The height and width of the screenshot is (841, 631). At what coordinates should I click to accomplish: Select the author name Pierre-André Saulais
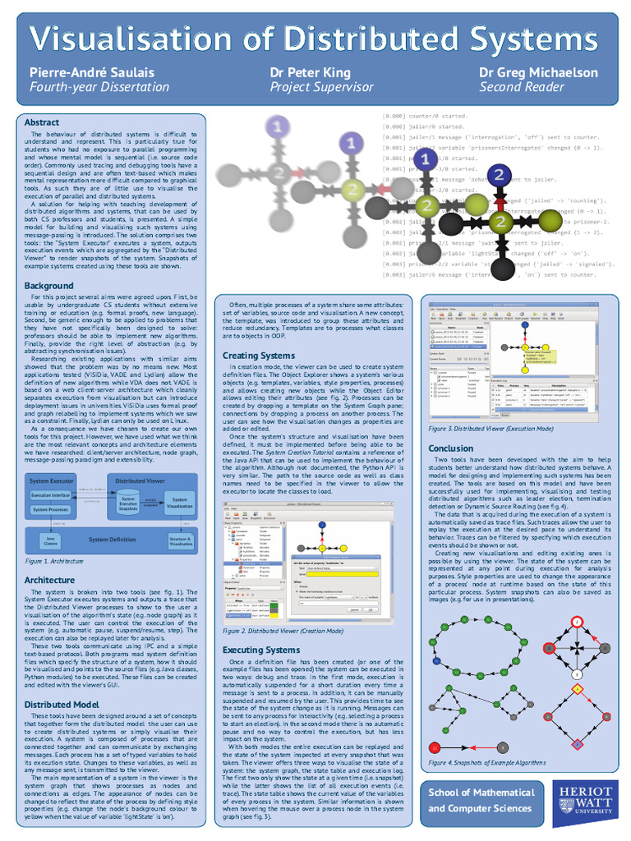tap(91, 72)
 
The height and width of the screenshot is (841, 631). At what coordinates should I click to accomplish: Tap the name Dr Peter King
tap(310, 72)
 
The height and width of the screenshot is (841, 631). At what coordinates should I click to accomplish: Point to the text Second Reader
tap(522, 87)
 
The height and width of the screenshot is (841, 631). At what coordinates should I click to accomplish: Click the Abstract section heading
tap(42, 122)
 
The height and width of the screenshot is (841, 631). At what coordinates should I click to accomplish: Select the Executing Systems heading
tap(261, 650)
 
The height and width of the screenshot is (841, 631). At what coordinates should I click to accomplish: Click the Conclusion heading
tap(451, 448)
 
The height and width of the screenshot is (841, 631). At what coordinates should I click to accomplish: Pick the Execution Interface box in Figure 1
tap(51, 495)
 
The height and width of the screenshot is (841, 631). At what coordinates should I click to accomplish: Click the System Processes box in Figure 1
tap(51, 510)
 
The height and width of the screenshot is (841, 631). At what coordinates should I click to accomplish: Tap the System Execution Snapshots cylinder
tap(128, 503)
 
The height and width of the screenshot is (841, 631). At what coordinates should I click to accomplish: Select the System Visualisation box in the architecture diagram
tap(179, 502)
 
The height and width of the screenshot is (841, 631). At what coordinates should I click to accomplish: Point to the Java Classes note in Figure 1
tap(51, 540)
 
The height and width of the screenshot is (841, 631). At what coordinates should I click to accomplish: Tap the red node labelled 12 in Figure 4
tap(435, 747)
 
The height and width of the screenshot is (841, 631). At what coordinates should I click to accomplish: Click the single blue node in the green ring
tap(437, 660)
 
